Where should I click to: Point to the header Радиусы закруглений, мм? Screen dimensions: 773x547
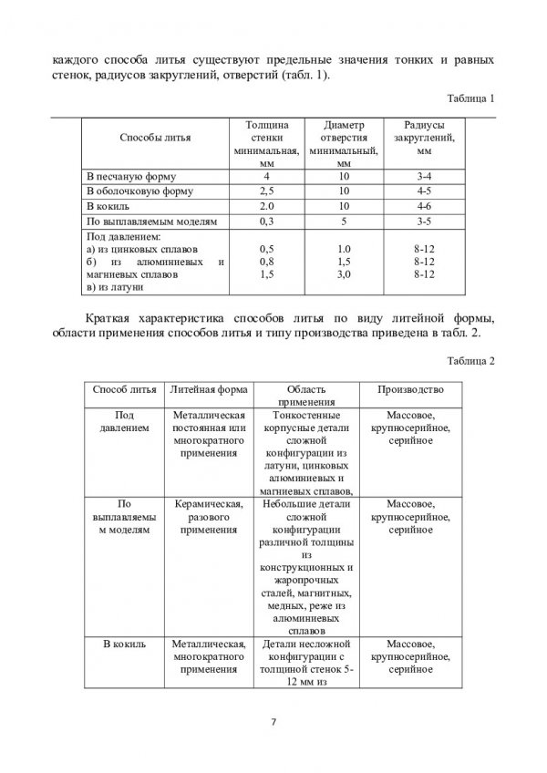click(x=424, y=139)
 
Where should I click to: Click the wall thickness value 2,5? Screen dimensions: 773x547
click(x=267, y=191)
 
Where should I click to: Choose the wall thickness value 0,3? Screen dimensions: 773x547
click(x=267, y=222)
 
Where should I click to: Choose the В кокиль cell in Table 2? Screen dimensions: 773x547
click(x=122, y=644)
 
